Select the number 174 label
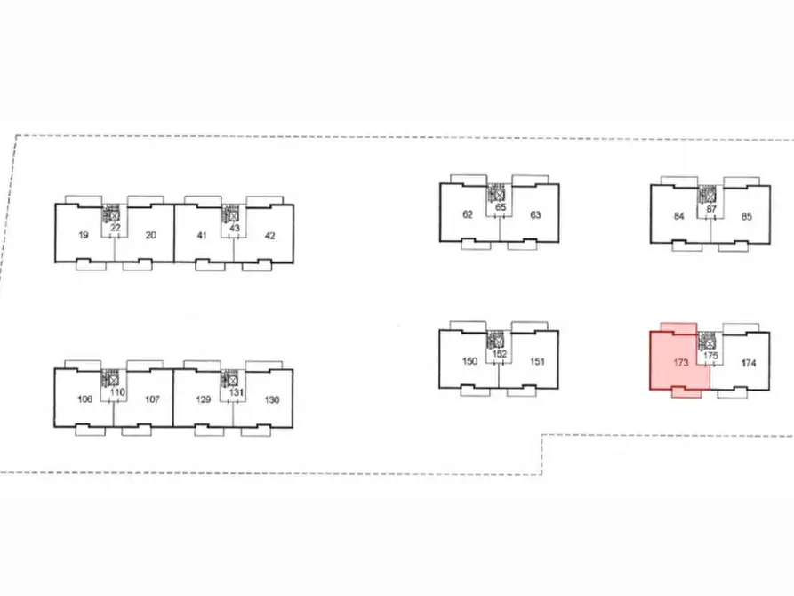pyautogui.click(x=748, y=363)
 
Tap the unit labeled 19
pyautogui.click(x=83, y=235)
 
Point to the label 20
pyautogui.click(x=150, y=235)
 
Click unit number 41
pyautogui.click(x=201, y=235)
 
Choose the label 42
pyautogui.click(x=269, y=235)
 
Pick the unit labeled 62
pyautogui.click(x=468, y=214)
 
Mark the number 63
pyautogui.click(x=535, y=214)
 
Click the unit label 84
pyautogui.click(x=679, y=215)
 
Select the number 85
pyautogui.click(x=747, y=215)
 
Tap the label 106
pyautogui.click(x=85, y=399)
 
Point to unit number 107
pyautogui.click(x=152, y=399)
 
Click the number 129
pyautogui.click(x=204, y=399)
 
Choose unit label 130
pyautogui.click(x=271, y=399)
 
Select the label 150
pyautogui.click(x=470, y=361)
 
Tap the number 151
pyautogui.click(x=537, y=361)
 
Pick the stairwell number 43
pyautogui.click(x=235, y=228)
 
